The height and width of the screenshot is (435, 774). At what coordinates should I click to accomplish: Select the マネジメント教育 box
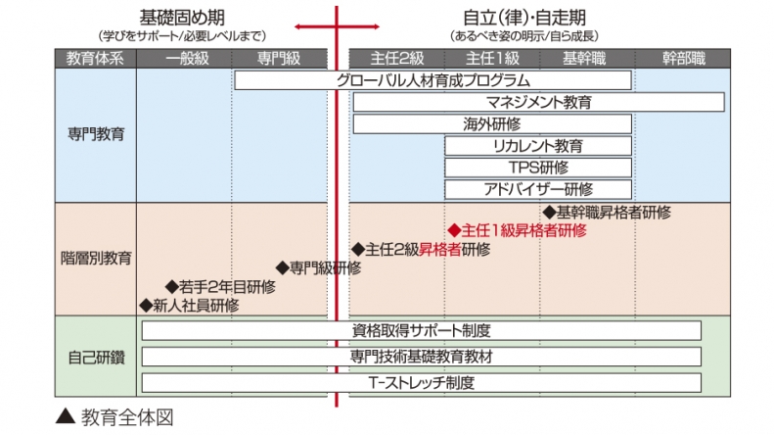coord(538,102)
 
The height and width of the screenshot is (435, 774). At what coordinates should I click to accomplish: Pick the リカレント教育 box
coord(538,146)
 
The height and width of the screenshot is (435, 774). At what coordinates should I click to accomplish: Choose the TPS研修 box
coord(538,168)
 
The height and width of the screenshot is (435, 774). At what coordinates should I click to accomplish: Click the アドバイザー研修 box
coord(538,189)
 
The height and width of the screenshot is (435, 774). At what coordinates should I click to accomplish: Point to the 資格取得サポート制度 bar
coord(421,331)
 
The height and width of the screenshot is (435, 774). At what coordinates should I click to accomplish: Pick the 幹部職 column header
coord(682,58)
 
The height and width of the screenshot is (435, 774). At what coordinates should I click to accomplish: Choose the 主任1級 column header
coord(491,58)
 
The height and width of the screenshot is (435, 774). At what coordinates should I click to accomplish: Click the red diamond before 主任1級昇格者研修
coord(453,231)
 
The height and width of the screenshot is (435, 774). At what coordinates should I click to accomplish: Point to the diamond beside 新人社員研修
coord(147,305)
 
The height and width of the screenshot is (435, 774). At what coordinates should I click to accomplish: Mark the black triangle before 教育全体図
coord(65,415)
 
